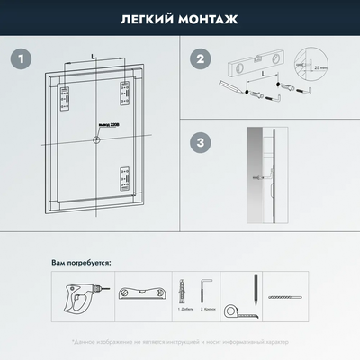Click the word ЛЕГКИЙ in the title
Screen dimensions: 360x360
click(x=145, y=18)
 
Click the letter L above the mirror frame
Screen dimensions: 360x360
click(x=94, y=56)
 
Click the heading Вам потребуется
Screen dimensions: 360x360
click(x=81, y=264)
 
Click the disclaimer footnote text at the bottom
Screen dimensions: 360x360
click(x=180, y=343)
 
